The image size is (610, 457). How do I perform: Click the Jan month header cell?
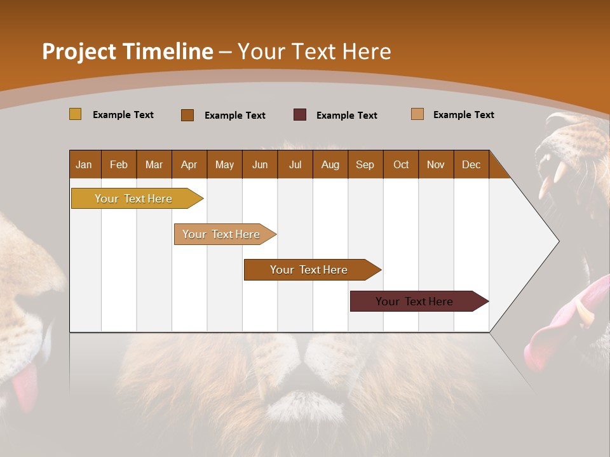point(85,164)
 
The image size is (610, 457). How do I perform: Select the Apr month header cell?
point(189,164)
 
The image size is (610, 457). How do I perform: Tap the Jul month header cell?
point(295,164)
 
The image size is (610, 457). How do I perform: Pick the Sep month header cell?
point(365,164)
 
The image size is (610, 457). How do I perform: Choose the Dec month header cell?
point(471,164)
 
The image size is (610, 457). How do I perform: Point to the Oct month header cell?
point(400,164)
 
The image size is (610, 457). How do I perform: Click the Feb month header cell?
point(119,164)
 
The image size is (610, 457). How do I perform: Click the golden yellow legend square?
point(75,114)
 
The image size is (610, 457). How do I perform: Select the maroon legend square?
point(300,115)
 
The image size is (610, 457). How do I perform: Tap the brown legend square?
point(187,115)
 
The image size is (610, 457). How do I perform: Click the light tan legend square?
point(417,114)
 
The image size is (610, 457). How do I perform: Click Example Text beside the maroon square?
point(346,116)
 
